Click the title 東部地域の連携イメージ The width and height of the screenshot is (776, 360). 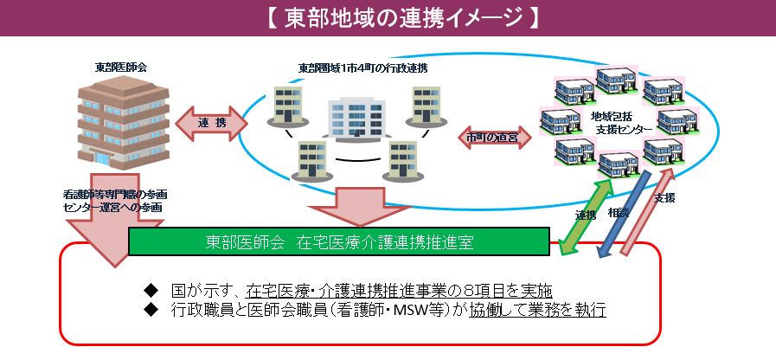tap(388, 17)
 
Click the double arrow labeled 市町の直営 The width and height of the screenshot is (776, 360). tap(492, 138)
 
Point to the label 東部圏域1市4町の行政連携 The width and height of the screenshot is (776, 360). tap(362, 67)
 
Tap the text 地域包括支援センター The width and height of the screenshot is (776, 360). tap(620, 122)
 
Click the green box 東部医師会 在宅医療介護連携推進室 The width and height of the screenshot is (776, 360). tap(339, 241)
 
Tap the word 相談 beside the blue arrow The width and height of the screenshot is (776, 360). tap(618, 212)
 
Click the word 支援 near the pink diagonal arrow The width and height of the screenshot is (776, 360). tap(664, 198)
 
